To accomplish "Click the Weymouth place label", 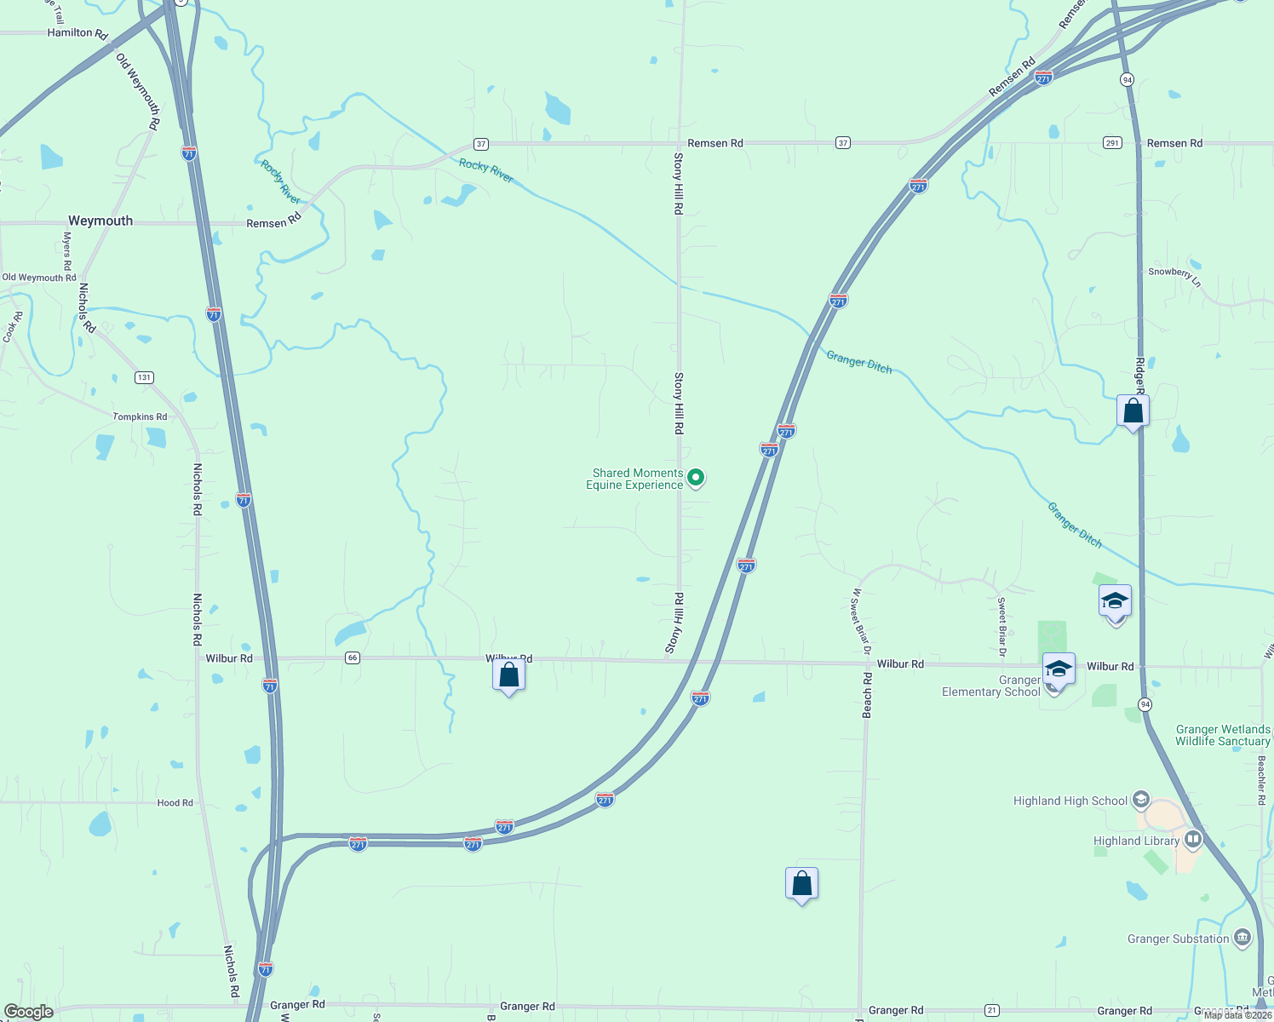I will pos(100,221).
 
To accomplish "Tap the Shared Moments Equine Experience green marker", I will pos(696,478).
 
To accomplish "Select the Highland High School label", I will pos(1070,801).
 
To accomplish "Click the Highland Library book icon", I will pos(1193,841).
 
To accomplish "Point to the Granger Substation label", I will pos(1178,939).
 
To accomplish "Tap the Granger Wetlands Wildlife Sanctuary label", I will pos(1223,735).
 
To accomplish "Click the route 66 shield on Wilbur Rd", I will pos(353,657).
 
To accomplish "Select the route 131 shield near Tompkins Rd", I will pos(144,377).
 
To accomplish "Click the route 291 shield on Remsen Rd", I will pos(1112,143).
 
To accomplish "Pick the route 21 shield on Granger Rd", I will pos(992,1010).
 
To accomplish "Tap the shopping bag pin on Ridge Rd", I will pos(1133,411).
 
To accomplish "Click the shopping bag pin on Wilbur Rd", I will pos(508,675).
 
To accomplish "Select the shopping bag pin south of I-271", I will pos(801,884).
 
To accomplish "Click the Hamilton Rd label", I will pos(77,33).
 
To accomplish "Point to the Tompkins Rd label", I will pos(140,416).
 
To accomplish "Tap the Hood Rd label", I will pos(175,802).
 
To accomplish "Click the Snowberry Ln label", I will pos(1174,275).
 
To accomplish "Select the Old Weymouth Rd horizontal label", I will pos(39,278).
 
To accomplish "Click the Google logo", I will pos(28,1012).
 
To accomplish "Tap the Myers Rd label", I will pos(67,250).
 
